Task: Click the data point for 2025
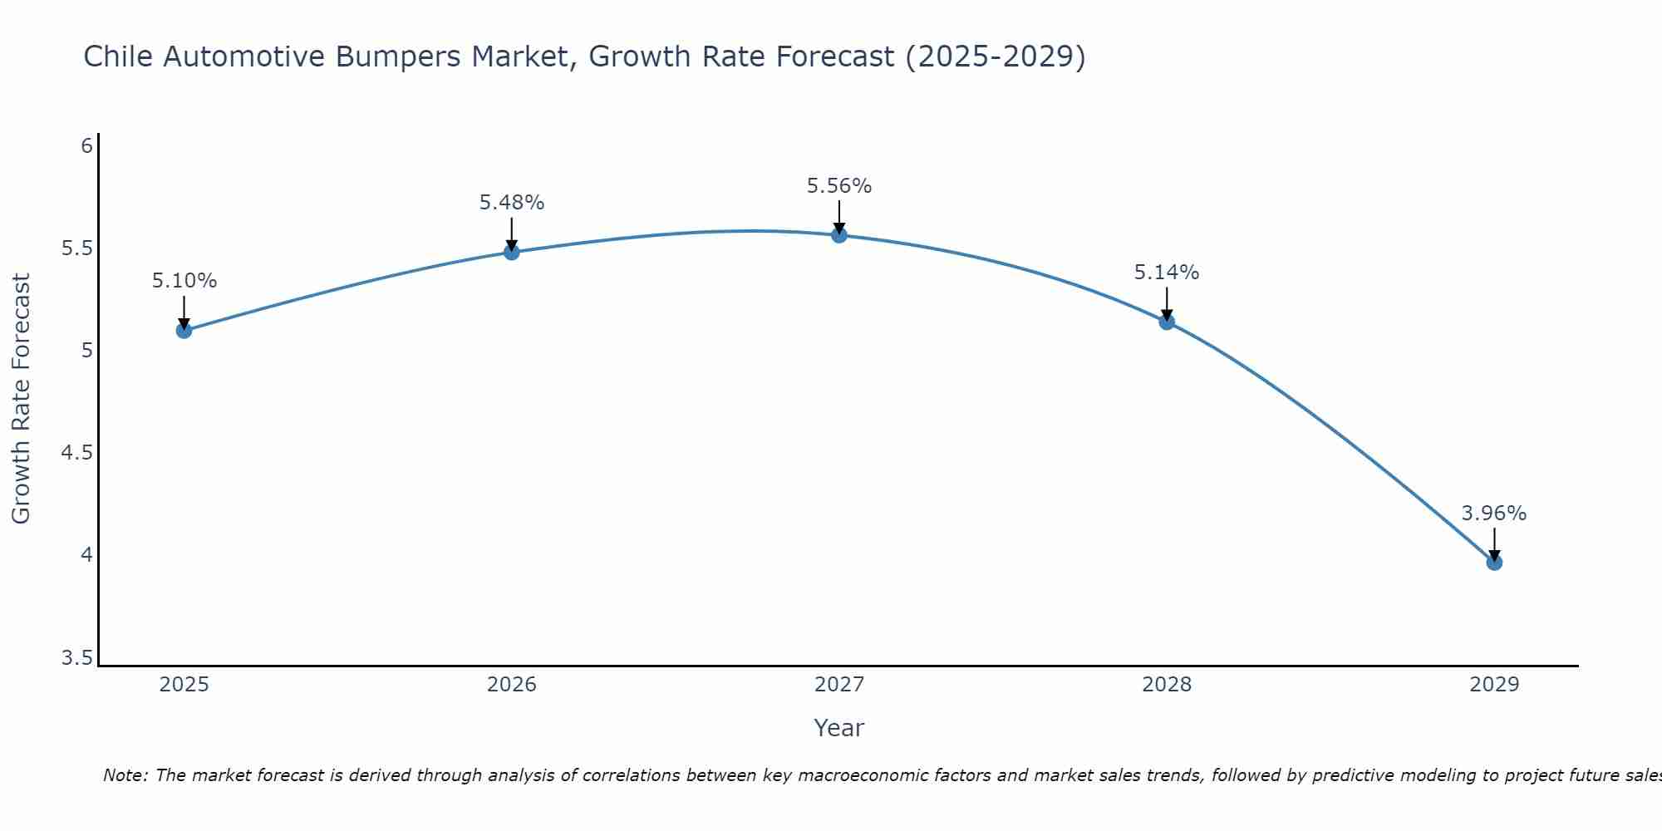point(184,330)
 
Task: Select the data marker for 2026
point(512,252)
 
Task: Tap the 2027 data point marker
point(839,235)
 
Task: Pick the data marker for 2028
point(1167,322)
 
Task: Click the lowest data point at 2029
point(1494,563)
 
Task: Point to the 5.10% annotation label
point(184,281)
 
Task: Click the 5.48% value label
point(512,203)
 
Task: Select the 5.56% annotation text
point(839,186)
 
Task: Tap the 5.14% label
point(1167,273)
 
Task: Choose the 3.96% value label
point(1494,514)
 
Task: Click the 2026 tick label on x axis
point(512,685)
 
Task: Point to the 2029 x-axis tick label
point(1494,685)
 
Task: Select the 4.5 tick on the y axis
point(76,453)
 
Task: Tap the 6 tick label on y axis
point(86,146)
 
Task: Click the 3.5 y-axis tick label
point(76,659)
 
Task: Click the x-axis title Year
point(839,728)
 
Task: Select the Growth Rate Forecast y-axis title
point(21,399)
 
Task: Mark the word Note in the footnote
point(125,776)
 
